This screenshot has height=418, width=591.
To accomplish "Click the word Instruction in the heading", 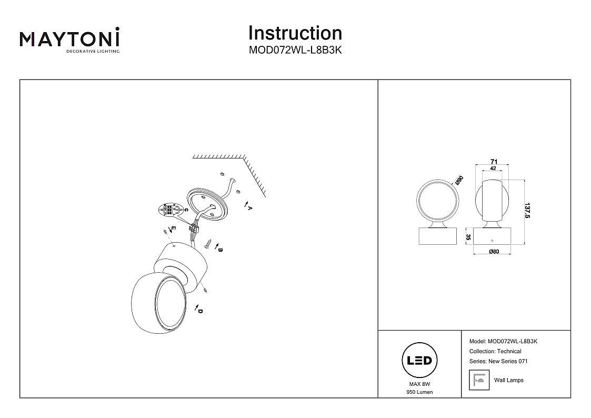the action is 295,33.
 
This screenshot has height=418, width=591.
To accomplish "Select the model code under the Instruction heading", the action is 295,50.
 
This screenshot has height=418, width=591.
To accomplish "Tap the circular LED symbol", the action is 419,361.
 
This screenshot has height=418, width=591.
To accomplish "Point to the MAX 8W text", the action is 419,384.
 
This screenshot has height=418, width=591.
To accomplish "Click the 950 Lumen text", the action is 419,392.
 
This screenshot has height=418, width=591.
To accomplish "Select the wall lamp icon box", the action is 479,380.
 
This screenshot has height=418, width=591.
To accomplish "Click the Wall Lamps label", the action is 509,380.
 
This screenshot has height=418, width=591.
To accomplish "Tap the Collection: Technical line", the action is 495,351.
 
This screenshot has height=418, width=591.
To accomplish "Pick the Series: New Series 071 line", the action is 498,361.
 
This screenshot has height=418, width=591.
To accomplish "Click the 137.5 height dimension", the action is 528,211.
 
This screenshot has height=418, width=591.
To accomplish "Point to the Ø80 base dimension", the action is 494,252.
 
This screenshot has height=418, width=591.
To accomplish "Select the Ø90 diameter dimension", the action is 459,180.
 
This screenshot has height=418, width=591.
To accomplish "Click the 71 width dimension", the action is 494,162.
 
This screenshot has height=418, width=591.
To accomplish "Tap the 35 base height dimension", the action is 468,237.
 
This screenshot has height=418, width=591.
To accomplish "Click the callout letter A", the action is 249,207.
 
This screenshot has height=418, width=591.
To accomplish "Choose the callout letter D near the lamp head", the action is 201,311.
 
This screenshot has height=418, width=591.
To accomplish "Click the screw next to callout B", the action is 208,244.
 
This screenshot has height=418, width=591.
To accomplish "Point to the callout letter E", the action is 173,228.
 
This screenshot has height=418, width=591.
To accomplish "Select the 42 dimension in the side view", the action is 493,168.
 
